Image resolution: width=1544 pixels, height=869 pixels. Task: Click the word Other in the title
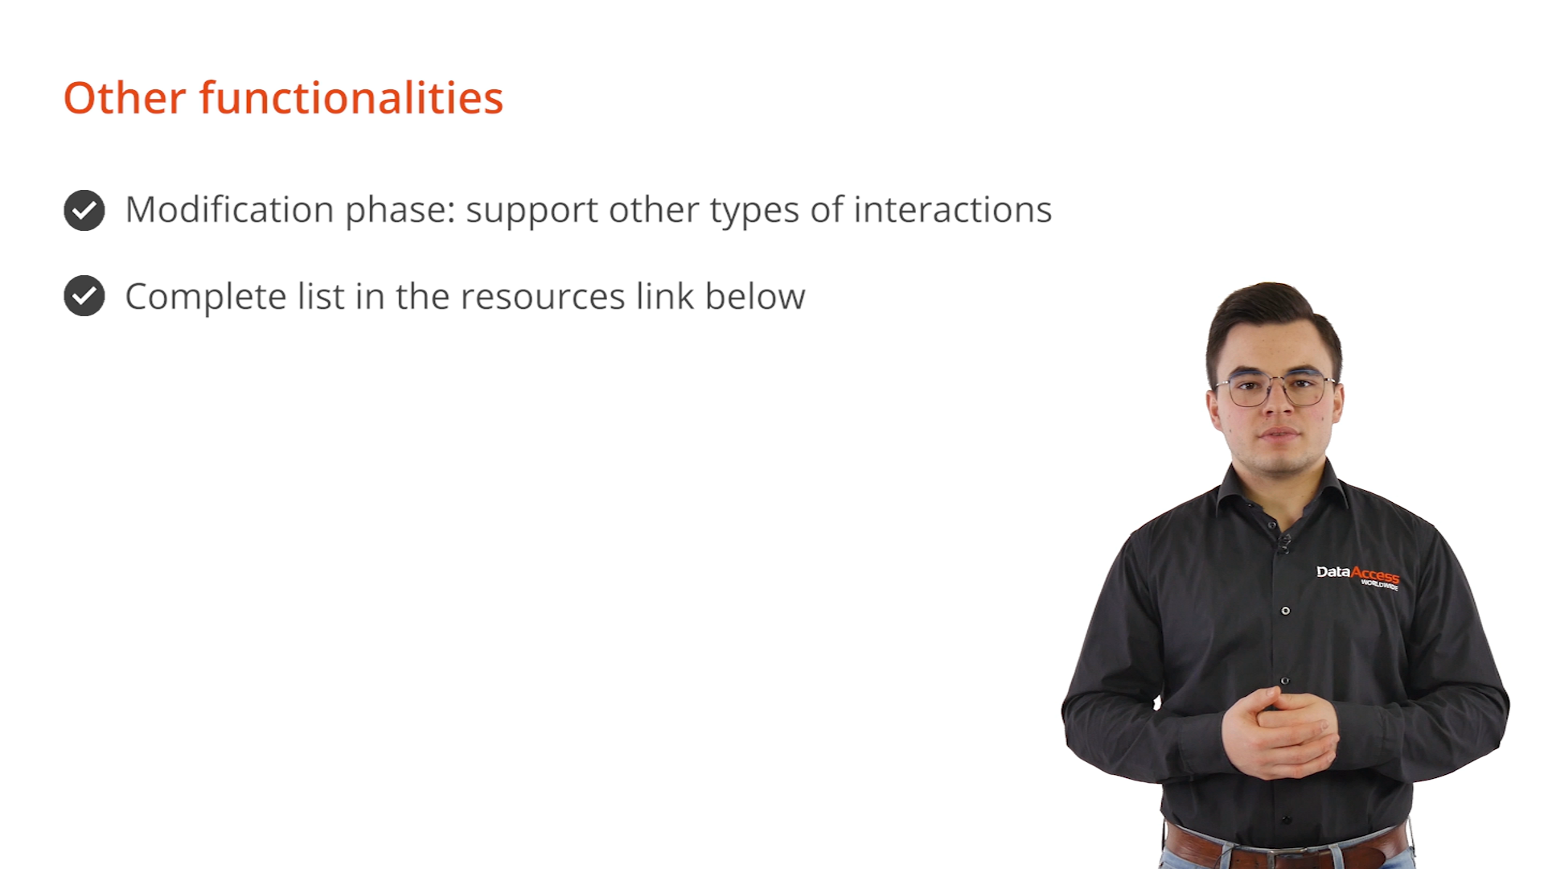[125, 98]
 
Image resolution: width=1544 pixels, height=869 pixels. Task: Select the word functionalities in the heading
[351, 98]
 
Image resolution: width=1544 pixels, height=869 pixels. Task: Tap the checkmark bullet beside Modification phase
[84, 211]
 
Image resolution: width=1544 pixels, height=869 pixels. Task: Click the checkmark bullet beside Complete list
[84, 296]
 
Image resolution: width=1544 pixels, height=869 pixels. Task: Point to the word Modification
[230, 210]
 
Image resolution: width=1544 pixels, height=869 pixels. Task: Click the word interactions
[953, 210]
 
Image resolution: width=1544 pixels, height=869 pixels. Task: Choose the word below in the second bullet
[755, 296]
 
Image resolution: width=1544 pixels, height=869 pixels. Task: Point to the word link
[665, 295]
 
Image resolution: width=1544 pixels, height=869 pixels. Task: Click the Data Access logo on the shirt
[1357, 576]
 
